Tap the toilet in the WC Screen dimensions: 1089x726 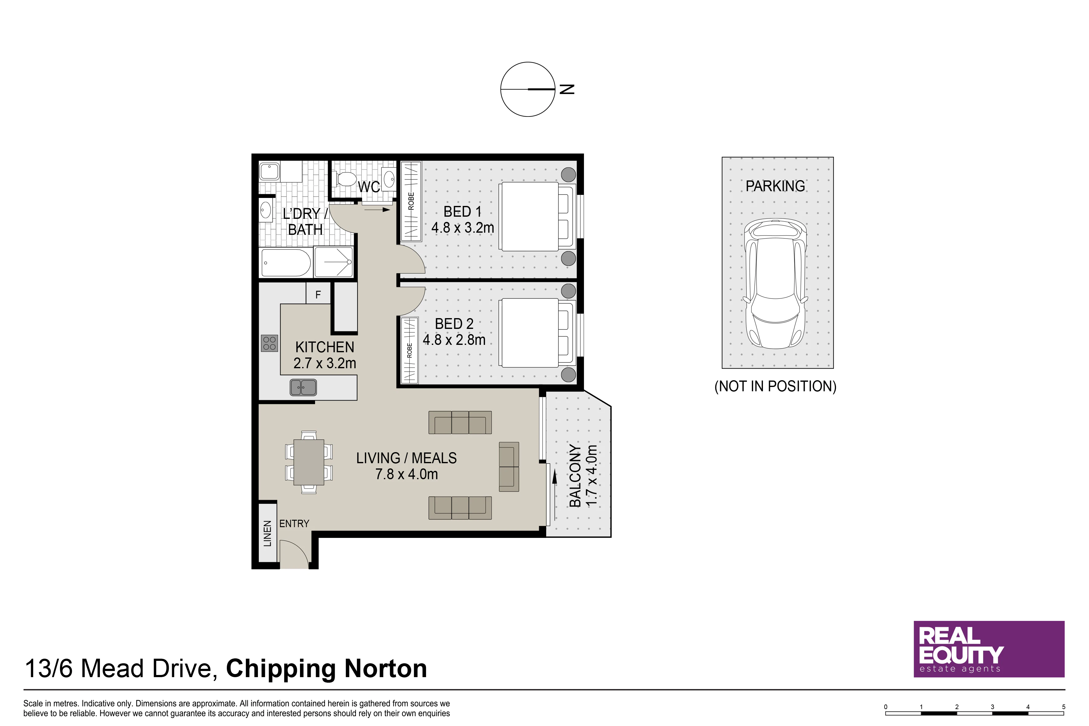[346, 179]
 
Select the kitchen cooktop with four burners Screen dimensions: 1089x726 [270, 343]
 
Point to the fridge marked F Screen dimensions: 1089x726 [318, 294]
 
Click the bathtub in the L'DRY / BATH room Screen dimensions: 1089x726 [286, 262]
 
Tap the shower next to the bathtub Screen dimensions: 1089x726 [334, 262]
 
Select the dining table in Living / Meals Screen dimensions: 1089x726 [309, 462]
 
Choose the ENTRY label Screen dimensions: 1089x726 [294, 524]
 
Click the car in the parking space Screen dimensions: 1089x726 [775, 283]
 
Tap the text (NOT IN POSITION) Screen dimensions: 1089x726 [775, 386]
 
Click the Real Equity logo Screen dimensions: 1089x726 [989, 649]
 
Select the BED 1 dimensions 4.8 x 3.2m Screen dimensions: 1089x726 [463, 228]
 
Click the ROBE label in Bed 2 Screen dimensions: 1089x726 [409, 350]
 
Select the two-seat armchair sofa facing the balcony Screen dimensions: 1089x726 [509, 467]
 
